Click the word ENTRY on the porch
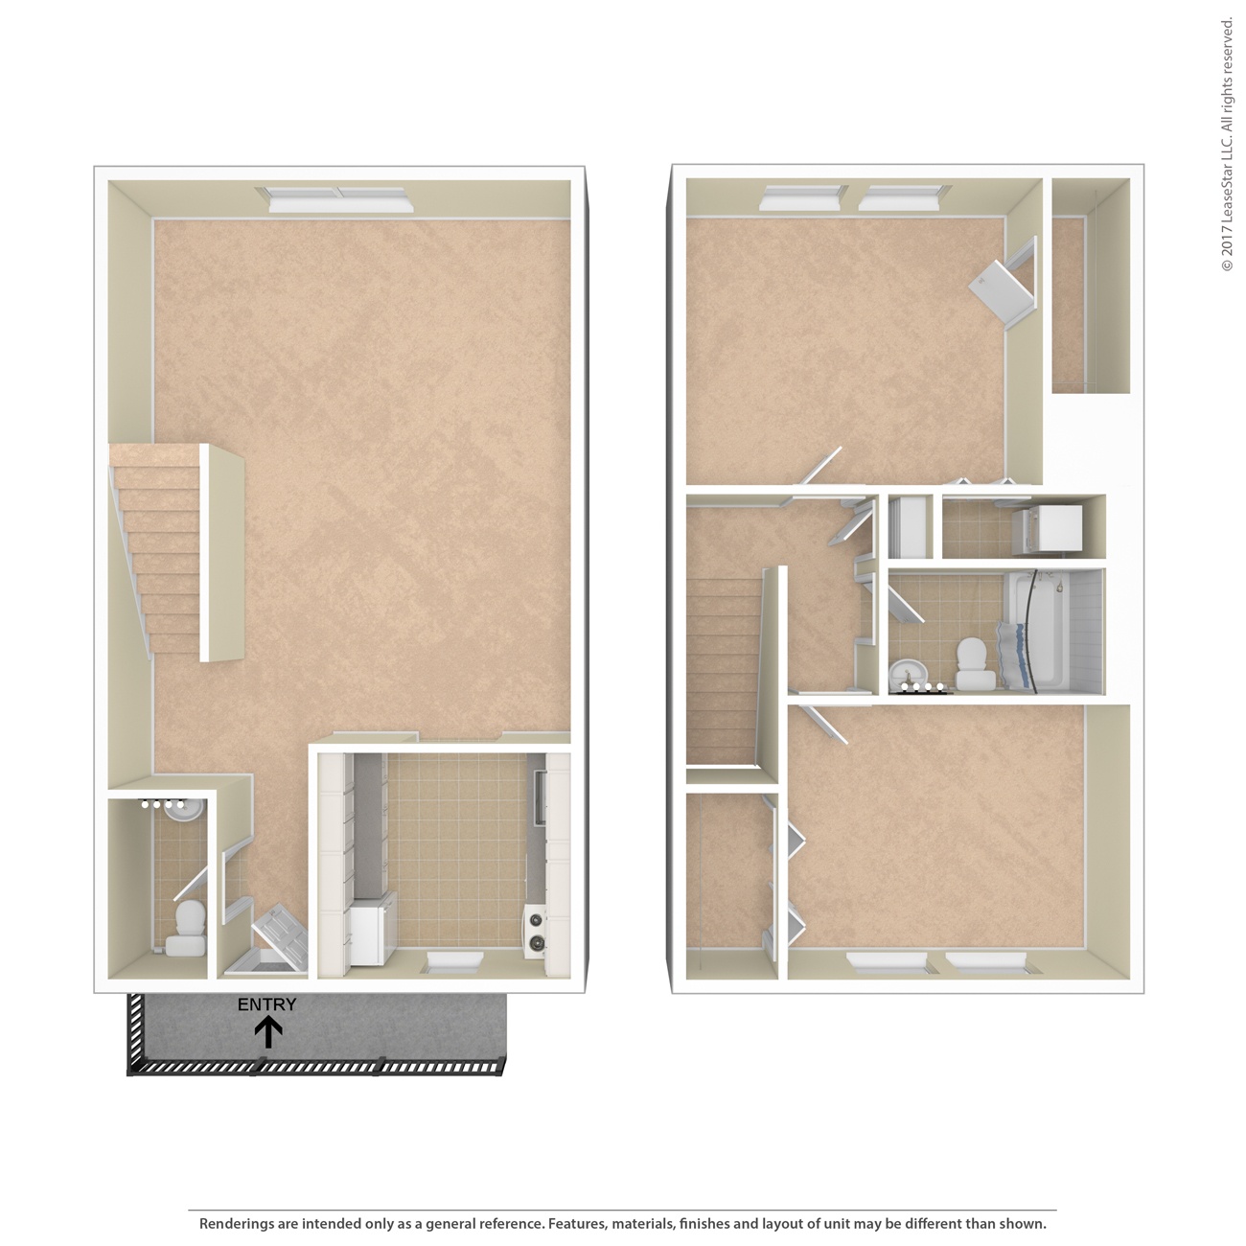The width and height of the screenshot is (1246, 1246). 266,1004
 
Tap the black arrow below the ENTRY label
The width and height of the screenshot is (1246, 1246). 267,1032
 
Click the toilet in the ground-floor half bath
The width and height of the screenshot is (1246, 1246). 188,930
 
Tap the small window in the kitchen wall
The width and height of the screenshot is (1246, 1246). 454,961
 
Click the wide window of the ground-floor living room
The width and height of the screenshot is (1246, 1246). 336,199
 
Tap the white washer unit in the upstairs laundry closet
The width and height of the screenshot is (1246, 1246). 1048,530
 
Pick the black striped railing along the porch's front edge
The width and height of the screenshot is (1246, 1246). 317,1066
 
